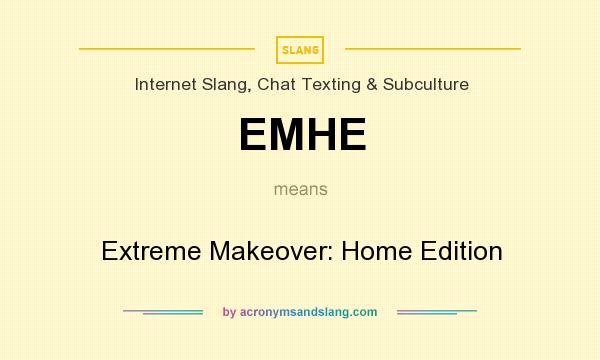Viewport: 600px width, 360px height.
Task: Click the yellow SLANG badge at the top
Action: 300,49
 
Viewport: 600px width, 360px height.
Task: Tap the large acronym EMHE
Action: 301,134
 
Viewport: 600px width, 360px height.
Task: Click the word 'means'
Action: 300,188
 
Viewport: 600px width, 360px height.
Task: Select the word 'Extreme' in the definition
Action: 150,250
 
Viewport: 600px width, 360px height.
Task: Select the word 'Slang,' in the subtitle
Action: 228,84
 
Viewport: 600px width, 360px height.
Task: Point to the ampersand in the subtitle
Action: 372,84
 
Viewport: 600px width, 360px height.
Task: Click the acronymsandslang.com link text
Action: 308,312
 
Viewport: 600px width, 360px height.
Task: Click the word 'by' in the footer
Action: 229,312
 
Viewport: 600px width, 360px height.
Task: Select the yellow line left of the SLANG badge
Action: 167,48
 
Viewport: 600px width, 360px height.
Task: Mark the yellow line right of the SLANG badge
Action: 432,48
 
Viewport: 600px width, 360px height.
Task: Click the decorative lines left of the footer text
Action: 163,312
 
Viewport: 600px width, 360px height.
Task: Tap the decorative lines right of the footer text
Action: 437,312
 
